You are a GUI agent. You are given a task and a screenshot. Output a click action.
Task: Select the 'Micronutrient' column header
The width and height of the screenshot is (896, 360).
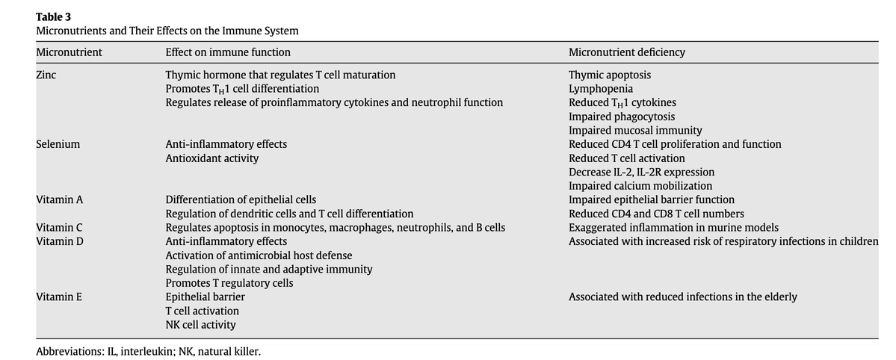[69, 52]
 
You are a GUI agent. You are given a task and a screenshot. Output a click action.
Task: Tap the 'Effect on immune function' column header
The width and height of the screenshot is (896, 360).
[228, 52]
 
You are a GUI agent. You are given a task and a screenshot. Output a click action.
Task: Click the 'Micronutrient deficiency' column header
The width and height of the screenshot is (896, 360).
[626, 52]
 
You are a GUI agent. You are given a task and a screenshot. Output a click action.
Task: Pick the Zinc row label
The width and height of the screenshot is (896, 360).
[46, 75]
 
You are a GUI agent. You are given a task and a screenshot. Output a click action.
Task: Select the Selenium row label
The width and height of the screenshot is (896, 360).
[58, 144]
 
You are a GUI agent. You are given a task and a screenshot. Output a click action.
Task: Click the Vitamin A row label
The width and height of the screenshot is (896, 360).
[59, 199]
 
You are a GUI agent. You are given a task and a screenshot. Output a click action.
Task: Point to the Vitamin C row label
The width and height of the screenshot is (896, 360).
[59, 227]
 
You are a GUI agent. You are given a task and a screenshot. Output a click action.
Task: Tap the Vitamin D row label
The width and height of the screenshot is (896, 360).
[59, 241]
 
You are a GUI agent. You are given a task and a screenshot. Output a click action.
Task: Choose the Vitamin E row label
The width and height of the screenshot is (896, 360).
[59, 297]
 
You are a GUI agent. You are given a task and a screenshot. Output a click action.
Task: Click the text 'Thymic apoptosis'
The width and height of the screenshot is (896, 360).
[609, 75]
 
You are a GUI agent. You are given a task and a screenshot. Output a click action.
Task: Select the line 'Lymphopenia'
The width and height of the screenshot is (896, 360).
[601, 89]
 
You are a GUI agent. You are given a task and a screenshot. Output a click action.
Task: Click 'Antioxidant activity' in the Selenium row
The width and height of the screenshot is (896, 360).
[212, 158]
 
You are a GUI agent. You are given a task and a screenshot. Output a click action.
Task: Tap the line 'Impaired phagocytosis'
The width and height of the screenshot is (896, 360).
[622, 117]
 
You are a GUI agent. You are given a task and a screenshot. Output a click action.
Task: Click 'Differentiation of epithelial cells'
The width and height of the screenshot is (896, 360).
[241, 199]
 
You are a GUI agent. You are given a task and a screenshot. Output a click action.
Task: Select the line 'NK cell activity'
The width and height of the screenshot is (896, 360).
[200, 325]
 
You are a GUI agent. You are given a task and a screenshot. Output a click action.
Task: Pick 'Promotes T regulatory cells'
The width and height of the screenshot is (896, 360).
[229, 283]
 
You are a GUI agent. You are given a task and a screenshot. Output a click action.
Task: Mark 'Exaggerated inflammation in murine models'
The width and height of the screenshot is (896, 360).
[673, 227]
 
